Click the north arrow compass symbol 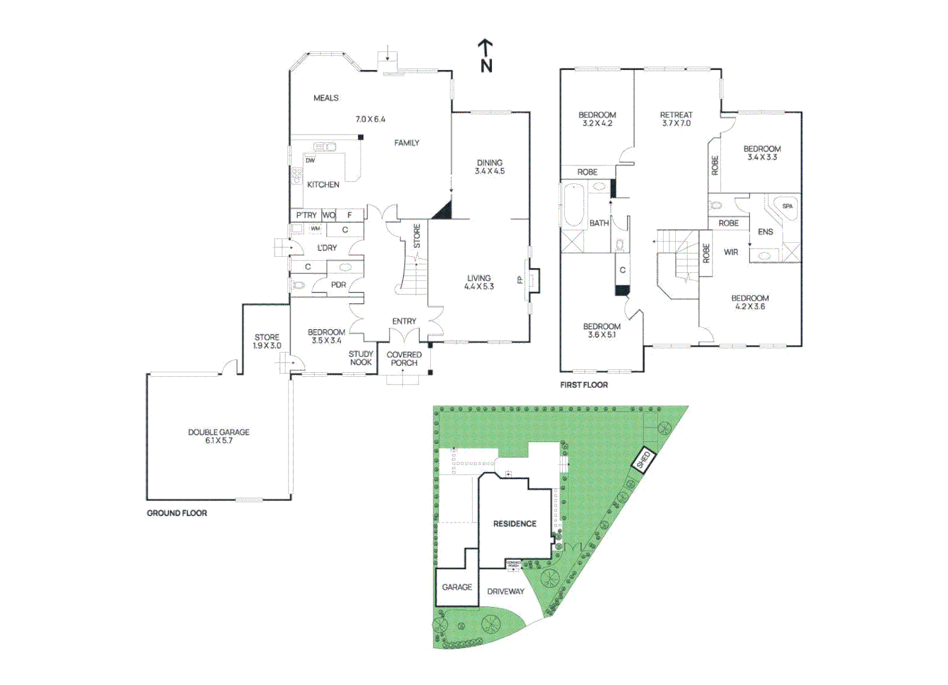[485, 55]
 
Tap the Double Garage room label [218, 436]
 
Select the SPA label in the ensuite [787, 206]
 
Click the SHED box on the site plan [643, 460]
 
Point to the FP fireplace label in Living [520, 279]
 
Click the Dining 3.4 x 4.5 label [490, 167]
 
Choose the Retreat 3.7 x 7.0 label [676, 119]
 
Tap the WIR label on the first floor [731, 252]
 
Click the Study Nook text [361, 358]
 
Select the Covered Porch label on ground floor [404, 359]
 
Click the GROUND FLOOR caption [177, 513]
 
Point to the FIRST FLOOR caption [584, 385]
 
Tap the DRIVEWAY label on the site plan [506, 592]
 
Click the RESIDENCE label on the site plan [515, 524]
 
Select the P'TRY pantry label [306, 216]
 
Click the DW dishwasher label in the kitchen [310, 160]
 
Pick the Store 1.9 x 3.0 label [267, 342]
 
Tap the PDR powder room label [338, 285]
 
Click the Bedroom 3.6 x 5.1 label [602, 330]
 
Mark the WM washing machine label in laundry [315, 229]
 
